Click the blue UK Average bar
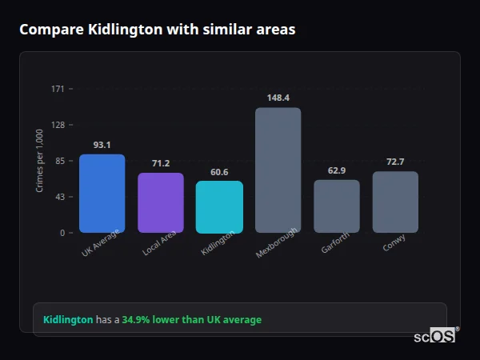tap(102, 194)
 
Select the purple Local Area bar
tap(161, 203)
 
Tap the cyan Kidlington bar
tap(219, 207)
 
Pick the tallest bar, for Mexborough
tap(278, 170)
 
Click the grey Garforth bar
tap(337, 206)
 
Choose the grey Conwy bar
tap(395, 202)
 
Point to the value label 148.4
tap(278, 98)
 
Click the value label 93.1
tap(102, 145)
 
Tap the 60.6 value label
tap(219, 172)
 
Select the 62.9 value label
tap(337, 170)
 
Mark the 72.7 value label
tap(395, 162)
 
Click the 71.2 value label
tap(161, 163)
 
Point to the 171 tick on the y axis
tap(58, 89)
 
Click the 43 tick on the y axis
tap(60, 197)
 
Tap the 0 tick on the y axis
tap(62, 233)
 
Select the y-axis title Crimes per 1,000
tap(40, 161)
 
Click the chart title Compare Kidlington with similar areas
tap(157, 30)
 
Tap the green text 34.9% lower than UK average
tap(191, 320)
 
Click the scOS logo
tap(434, 336)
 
